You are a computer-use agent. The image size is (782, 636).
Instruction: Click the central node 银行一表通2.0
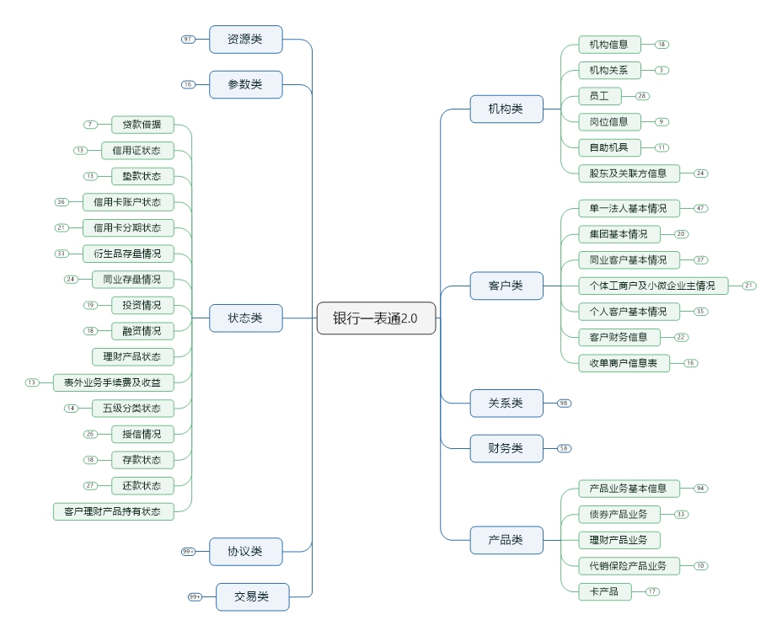click(376, 318)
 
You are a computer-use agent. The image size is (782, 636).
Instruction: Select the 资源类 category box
click(245, 40)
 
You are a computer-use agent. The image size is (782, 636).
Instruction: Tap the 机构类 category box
click(506, 109)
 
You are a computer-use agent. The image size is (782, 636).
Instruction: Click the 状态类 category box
click(245, 318)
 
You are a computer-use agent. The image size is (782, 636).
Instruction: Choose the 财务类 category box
click(506, 448)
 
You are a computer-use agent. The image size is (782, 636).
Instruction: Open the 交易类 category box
click(252, 596)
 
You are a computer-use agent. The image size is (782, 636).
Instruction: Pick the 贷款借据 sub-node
click(142, 125)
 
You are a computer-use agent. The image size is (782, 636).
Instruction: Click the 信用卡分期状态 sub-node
click(128, 227)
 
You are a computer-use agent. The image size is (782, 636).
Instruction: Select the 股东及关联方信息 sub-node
click(629, 174)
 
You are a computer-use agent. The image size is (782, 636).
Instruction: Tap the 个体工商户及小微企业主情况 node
click(653, 286)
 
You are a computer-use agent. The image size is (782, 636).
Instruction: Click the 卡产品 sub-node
click(604, 591)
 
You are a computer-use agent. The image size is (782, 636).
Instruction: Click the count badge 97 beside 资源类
click(188, 40)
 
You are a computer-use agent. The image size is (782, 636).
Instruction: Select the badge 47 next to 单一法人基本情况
click(701, 207)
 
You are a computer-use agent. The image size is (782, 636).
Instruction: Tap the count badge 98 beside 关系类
click(564, 404)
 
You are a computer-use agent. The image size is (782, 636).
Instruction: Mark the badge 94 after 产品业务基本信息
click(701, 489)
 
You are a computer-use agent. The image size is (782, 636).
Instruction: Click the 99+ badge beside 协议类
click(188, 551)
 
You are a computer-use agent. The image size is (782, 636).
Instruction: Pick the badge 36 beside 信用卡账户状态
click(61, 202)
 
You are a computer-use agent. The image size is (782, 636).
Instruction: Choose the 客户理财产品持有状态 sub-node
click(113, 510)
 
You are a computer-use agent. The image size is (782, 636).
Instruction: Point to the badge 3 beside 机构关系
click(662, 70)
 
